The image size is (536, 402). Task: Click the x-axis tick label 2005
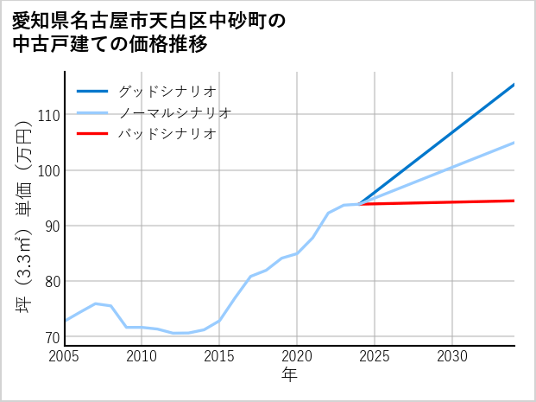(x=65, y=356)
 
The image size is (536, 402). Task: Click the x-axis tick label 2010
(x=142, y=356)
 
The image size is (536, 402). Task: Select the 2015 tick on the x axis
(x=219, y=356)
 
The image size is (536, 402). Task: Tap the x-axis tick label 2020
(x=297, y=356)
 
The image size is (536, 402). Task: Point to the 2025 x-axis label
(x=375, y=356)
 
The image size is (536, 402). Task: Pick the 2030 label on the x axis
(x=452, y=356)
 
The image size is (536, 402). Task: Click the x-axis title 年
(x=290, y=375)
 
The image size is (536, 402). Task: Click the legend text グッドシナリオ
(x=167, y=91)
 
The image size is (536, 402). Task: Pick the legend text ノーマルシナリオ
(x=175, y=112)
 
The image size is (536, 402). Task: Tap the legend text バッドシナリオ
(x=167, y=134)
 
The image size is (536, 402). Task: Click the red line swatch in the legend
(x=93, y=134)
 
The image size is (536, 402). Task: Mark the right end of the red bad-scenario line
(x=514, y=201)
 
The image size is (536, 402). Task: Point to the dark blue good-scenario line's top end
(x=514, y=85)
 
